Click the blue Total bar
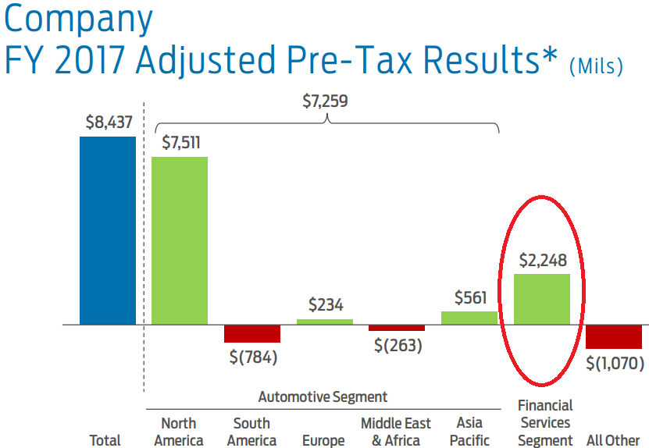tap(107, 230)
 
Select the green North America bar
tap(179, 240)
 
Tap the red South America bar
tap(251, 333)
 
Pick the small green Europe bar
tap(324, 321)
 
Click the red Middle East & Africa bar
tap(397, 328)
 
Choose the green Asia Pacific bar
tap(469, 318)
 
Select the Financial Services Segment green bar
tap(541, 299)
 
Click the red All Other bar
tap(614, 336)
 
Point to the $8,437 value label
tap(108, 123)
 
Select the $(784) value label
tap(253, 358)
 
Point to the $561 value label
tap(470, 297)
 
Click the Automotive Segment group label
tap(323, 397)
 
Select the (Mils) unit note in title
tap(596, 67)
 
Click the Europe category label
tap(323, 440)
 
